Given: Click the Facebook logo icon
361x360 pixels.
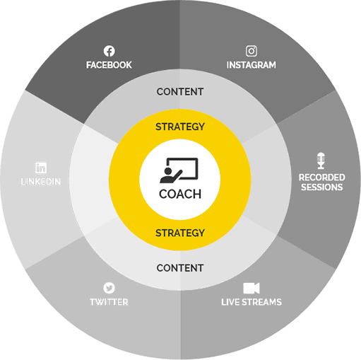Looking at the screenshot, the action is coord(110,51).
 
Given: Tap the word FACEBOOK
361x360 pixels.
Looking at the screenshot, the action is coord(109,65).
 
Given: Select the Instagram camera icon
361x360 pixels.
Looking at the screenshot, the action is coord(251,51).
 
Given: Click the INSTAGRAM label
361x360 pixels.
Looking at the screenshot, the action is coord(251,65).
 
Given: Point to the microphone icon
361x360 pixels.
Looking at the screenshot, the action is coord(321,161).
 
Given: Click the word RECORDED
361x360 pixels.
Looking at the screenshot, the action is coord(322,178).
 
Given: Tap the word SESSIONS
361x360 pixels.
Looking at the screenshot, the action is coord(322,187).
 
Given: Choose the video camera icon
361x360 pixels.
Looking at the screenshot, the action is coord(251,288).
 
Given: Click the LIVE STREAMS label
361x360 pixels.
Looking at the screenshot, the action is coord(251,302).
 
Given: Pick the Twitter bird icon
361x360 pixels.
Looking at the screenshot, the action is coord(109,288).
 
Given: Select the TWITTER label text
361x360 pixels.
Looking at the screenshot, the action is coord(109,302).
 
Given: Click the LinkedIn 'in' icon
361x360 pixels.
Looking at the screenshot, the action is coord(41,168).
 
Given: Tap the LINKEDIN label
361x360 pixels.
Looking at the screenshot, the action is coord(41,182).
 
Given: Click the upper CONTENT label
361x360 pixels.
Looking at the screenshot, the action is coord(180,92).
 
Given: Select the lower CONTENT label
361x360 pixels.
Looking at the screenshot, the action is coord(180,268).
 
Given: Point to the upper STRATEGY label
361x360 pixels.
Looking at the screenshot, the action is coord(180,127).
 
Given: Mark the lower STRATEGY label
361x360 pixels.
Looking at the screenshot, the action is coord(180,233).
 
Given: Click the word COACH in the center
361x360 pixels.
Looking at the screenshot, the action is coord(180,194).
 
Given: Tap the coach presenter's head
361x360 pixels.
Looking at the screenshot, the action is coord(168,171).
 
